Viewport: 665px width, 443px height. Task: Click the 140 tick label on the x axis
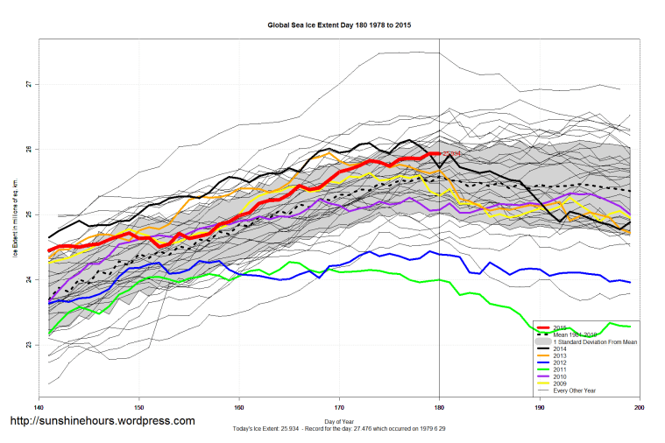pos(39,408)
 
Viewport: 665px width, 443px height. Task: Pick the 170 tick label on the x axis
pos(339,408)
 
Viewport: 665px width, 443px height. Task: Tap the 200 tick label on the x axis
pos(640,408)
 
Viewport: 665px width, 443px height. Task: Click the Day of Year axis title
pos(339,421)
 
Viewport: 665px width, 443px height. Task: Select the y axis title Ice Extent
pos(14,214)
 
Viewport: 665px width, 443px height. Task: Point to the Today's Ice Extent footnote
pos(339,428)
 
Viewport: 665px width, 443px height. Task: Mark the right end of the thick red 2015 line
pos(439,153)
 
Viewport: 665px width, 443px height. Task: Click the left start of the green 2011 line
pos(49,334)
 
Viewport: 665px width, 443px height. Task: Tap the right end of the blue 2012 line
pos(631,282)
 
